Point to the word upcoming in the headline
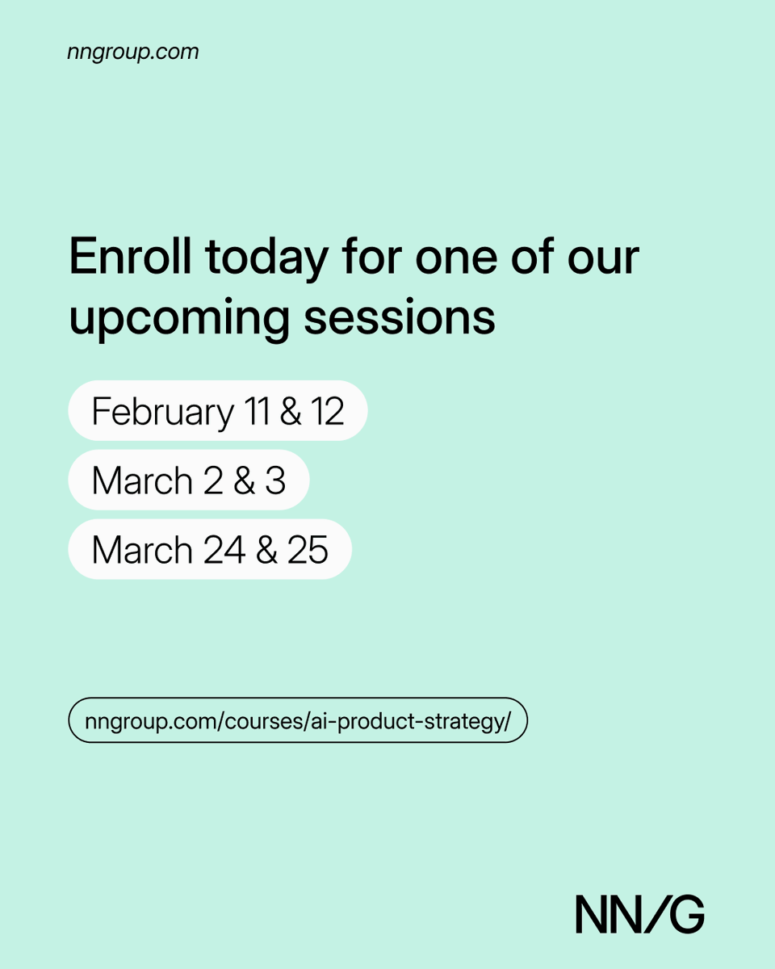[178, 318]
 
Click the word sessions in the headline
[400, 318]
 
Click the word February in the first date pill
[162, 411]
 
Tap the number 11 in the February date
[256, 411]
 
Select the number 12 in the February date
[327, 411]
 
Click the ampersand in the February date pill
[291, 411]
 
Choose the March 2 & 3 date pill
[188, 480]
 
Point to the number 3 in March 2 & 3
[275, 480]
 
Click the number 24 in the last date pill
[224, 550]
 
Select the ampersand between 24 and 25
[266, 550]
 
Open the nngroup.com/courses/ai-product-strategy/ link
[297, 720]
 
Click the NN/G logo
[639, 914]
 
